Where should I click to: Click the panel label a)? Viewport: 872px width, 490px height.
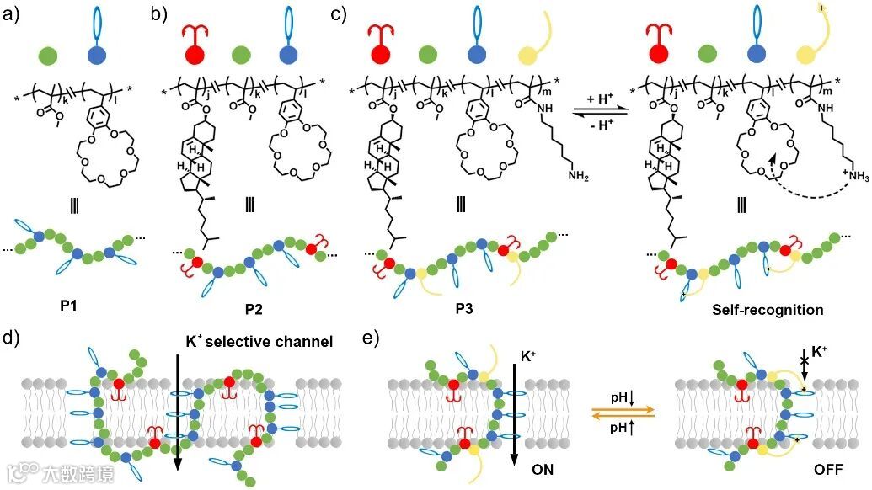(13, 13)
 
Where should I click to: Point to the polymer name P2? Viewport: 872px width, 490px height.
(253, 309)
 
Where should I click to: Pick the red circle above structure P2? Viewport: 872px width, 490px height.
(195, 56)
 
